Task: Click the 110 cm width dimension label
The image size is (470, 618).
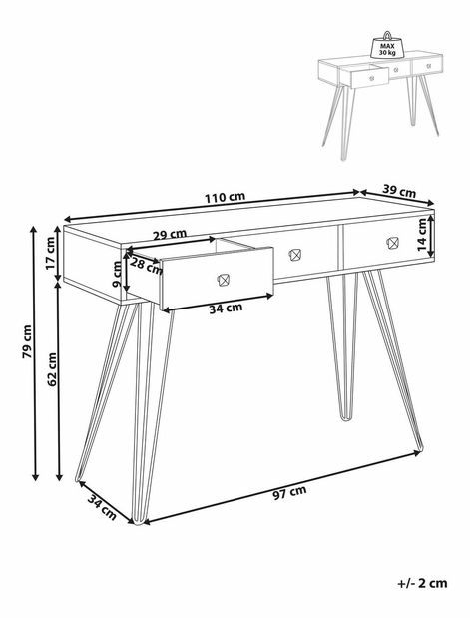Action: [225, 197]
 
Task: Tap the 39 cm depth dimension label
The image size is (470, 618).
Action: [399, 191]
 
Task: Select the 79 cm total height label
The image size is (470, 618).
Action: [27, 341]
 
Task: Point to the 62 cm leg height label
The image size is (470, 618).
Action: [52, 369]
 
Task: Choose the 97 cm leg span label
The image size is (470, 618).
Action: [289, 492]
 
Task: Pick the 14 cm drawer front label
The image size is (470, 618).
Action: [421, 236]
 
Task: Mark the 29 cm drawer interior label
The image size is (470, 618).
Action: [170, 235]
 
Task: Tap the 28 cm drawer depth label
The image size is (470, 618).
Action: [146, 266]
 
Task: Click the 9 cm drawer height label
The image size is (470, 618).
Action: [117, 274]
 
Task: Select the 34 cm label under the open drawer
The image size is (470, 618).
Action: [226, 308]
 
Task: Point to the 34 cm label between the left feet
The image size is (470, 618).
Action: [102, 507]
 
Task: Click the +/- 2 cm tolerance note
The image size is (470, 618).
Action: [423, 583]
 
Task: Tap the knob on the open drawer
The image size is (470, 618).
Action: [223, 280]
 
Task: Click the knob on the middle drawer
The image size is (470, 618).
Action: [295, 255]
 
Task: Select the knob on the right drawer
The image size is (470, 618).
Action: [392, 243]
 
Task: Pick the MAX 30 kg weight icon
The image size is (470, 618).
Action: [387, 45]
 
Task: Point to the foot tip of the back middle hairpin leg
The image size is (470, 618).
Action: [346, 419]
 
